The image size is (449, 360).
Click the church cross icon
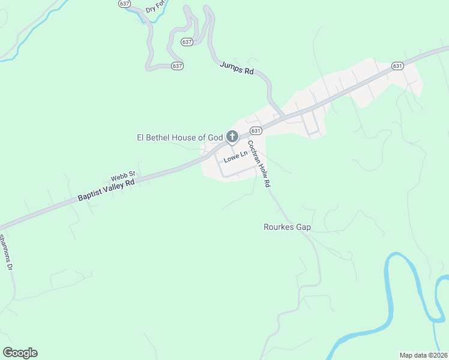[232, 137]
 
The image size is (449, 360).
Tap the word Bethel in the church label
[158, 138]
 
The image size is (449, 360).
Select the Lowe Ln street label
[235, 158]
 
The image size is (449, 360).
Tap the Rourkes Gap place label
[288, 227]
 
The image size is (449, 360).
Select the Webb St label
[124, 177]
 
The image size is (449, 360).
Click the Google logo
[20, 353]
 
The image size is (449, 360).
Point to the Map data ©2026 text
[423, 355]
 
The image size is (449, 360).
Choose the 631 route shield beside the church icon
[256, 131]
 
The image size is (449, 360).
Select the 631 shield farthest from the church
[397, 65]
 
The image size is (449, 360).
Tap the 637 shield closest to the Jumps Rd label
[187, 42]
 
